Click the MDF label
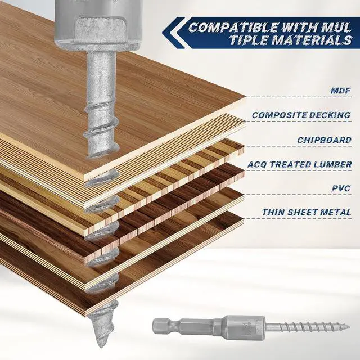(339, 90)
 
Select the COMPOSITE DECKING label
(301, 115)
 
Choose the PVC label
(340, 188)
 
